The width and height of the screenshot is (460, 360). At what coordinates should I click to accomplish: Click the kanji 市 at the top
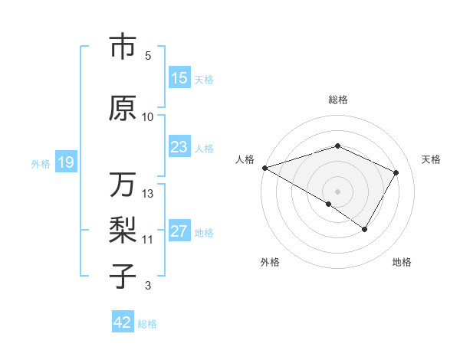click(x=122, y=47)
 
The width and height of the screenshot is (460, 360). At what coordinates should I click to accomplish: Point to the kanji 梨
click(x=122, y=230)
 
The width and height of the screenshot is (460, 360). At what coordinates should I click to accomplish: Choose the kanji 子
click(x=122, y=276)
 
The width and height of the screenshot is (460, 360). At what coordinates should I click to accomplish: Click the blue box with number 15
click(x=179, y=78)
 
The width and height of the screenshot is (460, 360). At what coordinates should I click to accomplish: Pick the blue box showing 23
click(x=179, y=148)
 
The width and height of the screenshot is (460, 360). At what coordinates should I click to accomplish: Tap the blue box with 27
click(x=179, y=232)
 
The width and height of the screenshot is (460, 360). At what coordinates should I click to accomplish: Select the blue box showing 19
click(x=66, y=162)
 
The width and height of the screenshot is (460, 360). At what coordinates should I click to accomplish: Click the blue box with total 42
click(x=123, y=322)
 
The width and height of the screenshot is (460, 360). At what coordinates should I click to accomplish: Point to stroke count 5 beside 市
click(x=148, y=56)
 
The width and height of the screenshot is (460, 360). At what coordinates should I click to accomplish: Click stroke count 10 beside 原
click(x=148, y=117)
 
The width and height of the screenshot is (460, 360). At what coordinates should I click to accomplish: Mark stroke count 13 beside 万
click(x=148, y=194)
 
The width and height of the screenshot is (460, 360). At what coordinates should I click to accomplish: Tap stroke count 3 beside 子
click(x=148, y=286)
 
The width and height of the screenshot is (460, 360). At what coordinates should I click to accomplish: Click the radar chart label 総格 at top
click(x=337, y=100)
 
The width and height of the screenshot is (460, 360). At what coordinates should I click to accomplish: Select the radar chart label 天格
click(x=431, y=159)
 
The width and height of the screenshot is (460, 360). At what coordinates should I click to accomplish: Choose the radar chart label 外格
click(x=270, y=263)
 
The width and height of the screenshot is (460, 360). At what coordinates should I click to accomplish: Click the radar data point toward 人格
click(x=264, y=167)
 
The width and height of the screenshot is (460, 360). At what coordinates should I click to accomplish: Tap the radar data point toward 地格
click(x=365, y=229)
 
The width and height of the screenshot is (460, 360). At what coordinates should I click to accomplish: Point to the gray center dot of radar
click(x=337, y=191)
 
